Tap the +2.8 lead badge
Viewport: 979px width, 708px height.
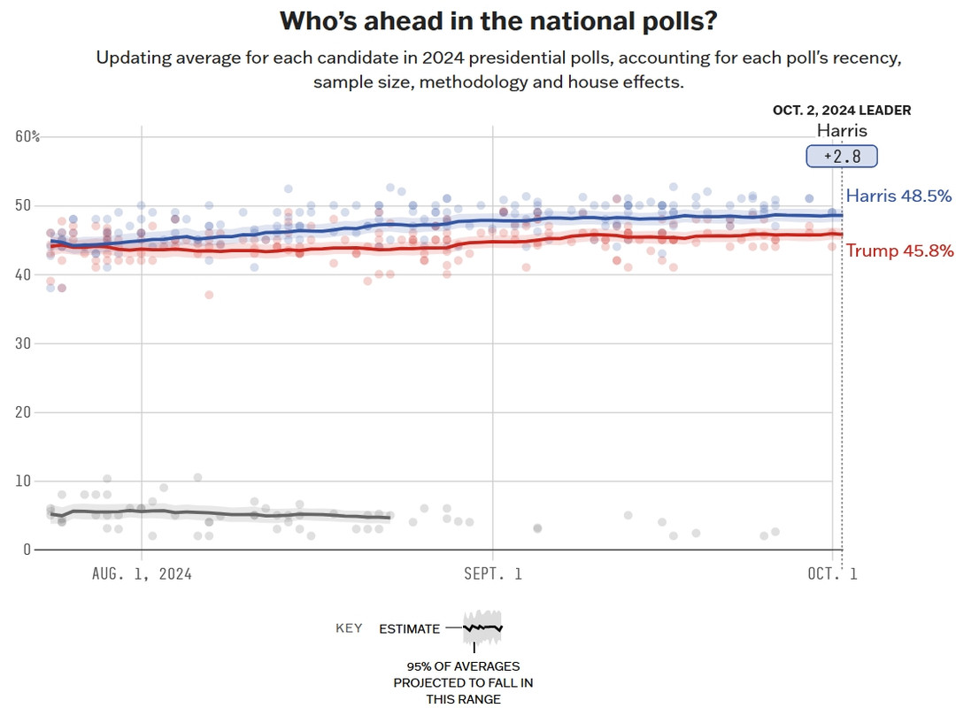tap(841, 157)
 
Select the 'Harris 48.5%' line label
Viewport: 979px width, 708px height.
tap(898, 196)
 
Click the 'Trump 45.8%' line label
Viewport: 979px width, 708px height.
tap(899, 251)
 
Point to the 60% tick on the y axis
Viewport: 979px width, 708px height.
tap(27, 136)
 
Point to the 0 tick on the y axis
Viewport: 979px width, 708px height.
tap(27, 550)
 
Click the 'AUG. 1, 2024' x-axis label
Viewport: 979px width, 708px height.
tap(142, 573)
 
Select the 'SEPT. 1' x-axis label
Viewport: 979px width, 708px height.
tap(493, 573)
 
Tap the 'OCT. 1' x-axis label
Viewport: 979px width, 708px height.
tap(831, 573)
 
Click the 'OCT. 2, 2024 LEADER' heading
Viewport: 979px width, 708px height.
tap(841, 111)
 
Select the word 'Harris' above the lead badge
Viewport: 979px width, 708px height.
tap(841, 131)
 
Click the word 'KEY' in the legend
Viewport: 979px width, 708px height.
tap(349, 628)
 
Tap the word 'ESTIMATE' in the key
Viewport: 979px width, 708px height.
tap(409, 628)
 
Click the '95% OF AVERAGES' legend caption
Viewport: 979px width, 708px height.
tap(463, 666)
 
